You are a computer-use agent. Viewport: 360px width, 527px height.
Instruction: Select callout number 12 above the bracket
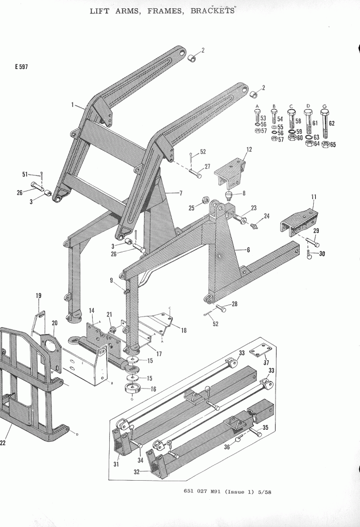pos(249,149)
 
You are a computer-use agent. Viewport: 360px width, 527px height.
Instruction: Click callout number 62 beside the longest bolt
pos(331,124)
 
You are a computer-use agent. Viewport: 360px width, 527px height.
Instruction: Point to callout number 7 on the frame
pos(181,193)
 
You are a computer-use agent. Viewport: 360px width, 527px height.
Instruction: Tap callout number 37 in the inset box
pos(266,362)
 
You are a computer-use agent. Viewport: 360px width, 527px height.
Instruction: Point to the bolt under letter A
pos(258,117)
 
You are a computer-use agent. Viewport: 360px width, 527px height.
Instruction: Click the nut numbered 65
pos(325,144)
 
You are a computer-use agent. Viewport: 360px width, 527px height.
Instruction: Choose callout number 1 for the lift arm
pos(73,104)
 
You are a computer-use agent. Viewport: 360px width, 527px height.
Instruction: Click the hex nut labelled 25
pos(204,200)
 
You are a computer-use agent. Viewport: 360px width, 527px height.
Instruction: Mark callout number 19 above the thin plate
pos(38,295)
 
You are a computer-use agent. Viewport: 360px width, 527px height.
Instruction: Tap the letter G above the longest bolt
pos(324,106)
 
